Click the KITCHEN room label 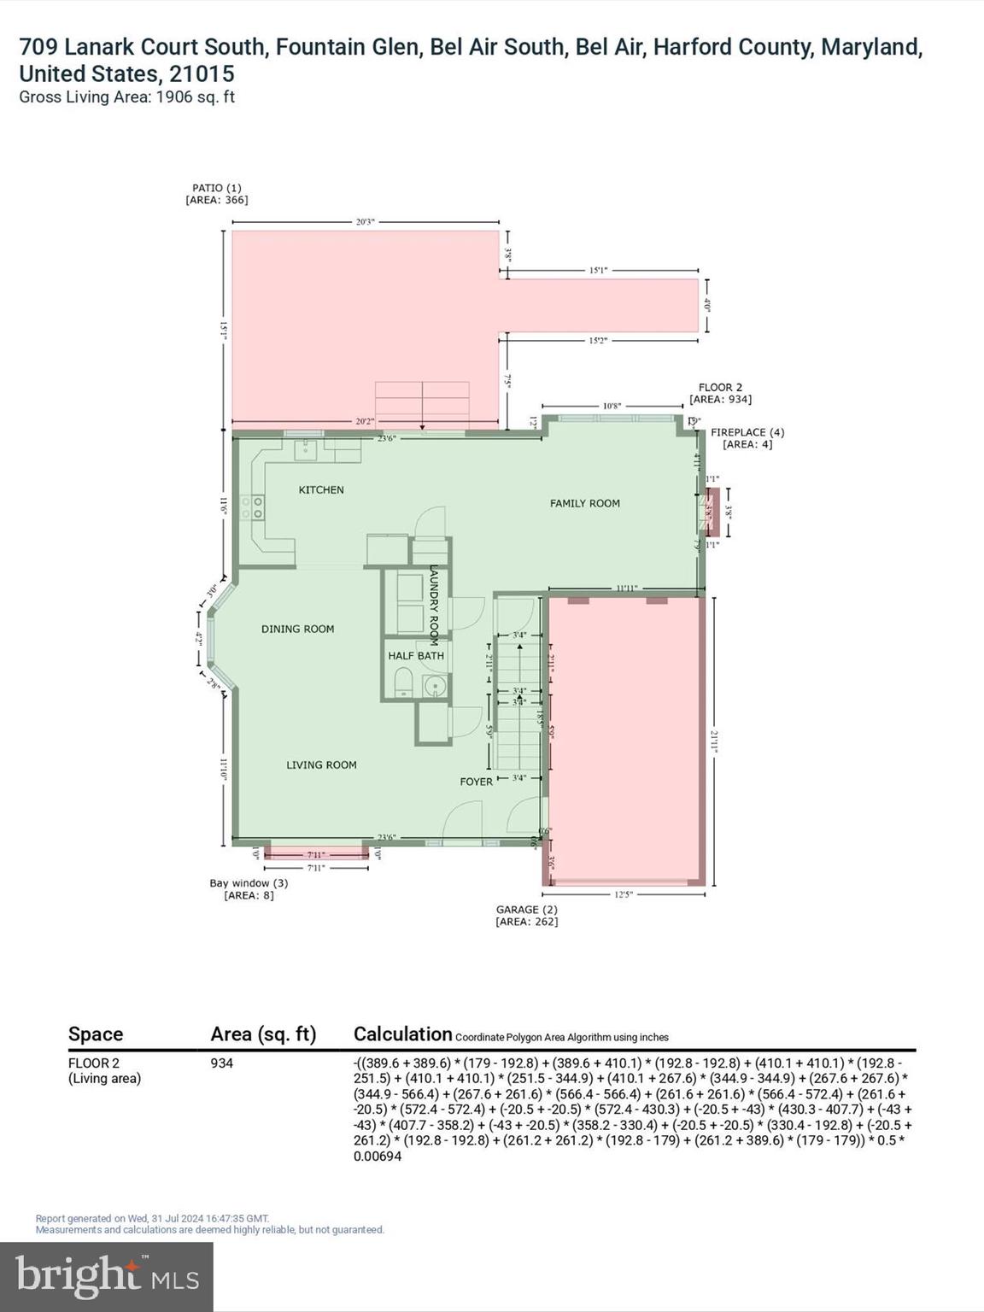321,489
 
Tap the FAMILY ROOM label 584,503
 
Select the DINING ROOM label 297,629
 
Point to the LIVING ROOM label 321,764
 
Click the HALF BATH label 416,656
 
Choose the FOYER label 476,782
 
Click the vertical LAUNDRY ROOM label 434,604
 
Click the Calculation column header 402,1034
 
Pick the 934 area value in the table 221,1063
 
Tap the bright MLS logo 107,1276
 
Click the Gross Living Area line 126,97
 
